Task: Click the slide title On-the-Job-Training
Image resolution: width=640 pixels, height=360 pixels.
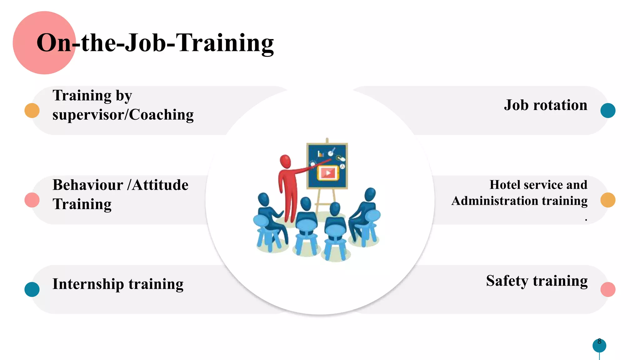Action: pos(155,43)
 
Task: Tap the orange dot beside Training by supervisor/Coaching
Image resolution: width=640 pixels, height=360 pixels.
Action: pos(32,111)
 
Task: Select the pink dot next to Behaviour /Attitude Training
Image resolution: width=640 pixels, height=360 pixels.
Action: pos(32,200)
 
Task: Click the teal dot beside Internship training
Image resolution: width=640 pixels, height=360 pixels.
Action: pos(32,289)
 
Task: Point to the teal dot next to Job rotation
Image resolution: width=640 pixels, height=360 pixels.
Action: pos(608,111)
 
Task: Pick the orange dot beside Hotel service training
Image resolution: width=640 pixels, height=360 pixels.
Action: pos(608,200)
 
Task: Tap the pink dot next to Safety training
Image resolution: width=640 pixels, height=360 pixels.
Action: pos(608,289)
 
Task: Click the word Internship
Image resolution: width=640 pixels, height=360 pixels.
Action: pos(88,284)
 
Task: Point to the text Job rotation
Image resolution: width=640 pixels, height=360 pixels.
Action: pos(546,105)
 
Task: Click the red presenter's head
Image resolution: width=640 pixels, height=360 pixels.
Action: pos(285,162)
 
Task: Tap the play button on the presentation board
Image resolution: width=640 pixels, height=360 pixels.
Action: pos(328,173)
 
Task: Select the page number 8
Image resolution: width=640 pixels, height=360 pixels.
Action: pos(599,341)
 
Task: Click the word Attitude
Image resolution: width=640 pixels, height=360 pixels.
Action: pos(160,185)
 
